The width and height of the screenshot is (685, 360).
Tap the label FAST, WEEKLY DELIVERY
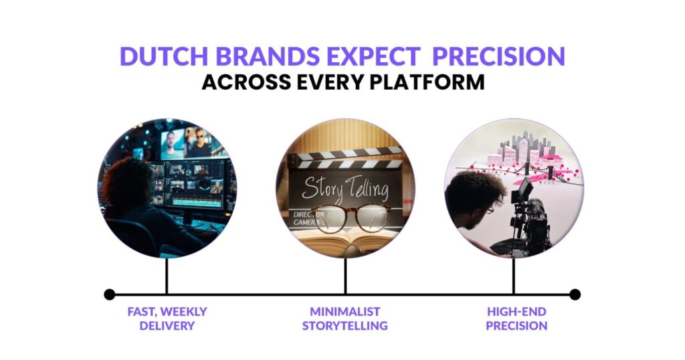pos(167,319)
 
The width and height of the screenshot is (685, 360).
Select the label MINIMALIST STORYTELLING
pos(345,319)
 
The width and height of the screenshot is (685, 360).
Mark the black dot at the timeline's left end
pos(110,294)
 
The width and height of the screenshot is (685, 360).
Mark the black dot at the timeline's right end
pos(575,294)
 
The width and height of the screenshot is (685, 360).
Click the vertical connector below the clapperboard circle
pos(345,276)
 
